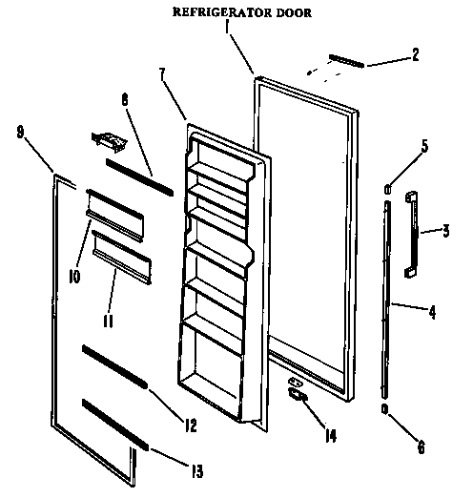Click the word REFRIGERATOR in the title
(216, 13)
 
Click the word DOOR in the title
(291, 13)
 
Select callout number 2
(415, 55)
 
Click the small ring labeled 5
(386, 189)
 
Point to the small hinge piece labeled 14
(298, 392)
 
